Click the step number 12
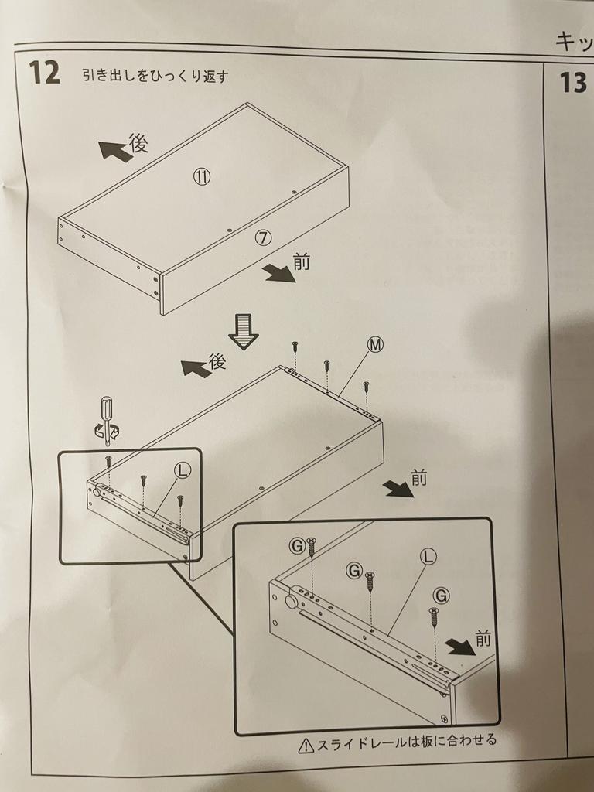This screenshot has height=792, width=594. [x=44, y=73]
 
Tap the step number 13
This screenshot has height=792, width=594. [x=573, y=82]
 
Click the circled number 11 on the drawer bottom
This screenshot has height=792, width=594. [x=202, y=176]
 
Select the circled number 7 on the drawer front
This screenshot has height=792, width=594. [x=264, y=237]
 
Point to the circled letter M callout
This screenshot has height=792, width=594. [x=375, y=344]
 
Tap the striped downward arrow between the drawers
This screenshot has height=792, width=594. [x=244, y=331]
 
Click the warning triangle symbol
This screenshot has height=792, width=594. [x=306, y=746]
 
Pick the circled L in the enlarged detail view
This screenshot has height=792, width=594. [x=428, y=557]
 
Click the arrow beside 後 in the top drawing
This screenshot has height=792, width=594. [x=114, y=151]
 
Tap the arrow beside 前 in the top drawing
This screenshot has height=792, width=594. [x=278, y=273]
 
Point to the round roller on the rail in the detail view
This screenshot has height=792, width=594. [x=292, y=602]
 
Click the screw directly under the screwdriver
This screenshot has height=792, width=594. [x=108, y=461]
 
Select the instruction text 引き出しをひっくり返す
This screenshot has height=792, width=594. [x=155, y=77]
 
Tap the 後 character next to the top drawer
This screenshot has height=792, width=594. [x=138, y=142]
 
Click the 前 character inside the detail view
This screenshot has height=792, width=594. [x=483, y=639]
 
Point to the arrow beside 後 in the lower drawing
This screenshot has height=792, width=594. [x=196, y=368]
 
